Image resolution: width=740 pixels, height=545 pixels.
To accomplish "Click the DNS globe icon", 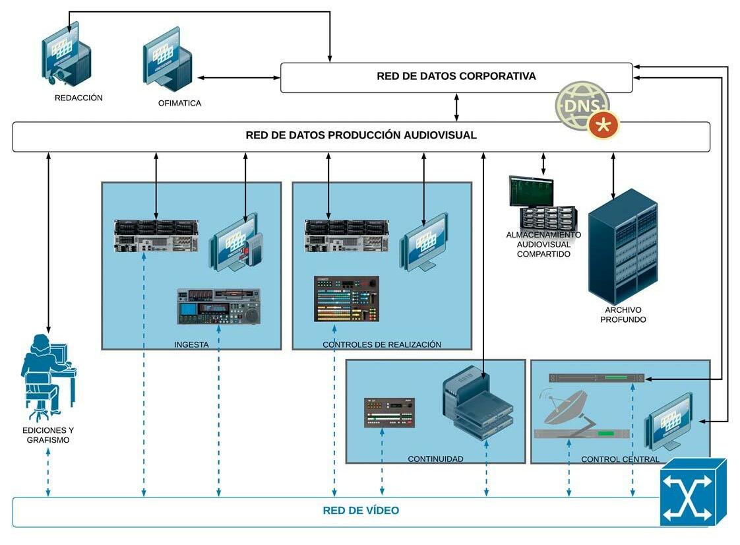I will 581,104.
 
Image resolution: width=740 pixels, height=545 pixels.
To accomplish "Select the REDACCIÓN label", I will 78,98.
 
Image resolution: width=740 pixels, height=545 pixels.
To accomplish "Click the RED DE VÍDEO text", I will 361,511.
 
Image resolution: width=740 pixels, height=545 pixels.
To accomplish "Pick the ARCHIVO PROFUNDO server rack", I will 623,246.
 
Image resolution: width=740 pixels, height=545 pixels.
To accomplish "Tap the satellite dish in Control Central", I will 565,406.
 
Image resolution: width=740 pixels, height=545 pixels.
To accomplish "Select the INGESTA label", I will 191,344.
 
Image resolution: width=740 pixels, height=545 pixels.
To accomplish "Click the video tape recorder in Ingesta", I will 219,306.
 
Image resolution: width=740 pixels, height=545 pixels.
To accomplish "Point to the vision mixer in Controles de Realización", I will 346,299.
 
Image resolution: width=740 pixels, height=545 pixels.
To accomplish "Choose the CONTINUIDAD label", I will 435,459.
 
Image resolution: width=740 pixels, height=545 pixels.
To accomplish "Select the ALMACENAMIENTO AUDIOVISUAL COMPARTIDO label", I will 543,244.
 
